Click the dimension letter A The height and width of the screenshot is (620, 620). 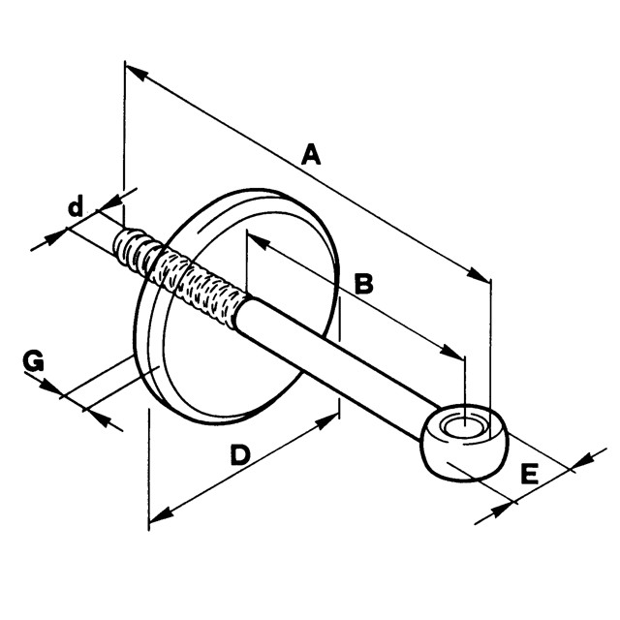pos(310,154)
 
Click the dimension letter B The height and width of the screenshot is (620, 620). pos(363,283)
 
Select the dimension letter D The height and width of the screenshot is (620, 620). pos(240,454)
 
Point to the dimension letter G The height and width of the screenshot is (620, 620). pos(34,361)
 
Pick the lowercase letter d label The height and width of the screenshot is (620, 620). pos(75,206)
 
